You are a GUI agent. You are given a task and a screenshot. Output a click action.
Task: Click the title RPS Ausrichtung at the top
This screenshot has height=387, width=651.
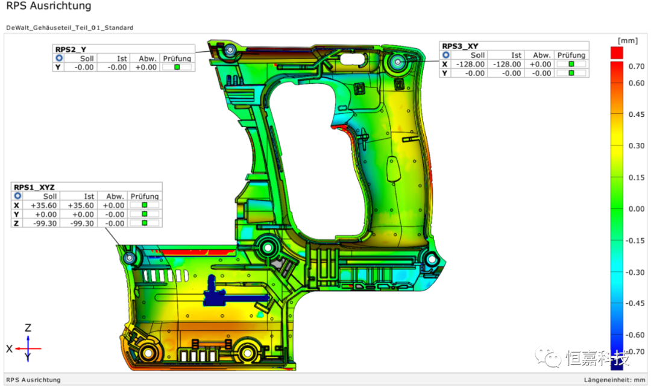49,6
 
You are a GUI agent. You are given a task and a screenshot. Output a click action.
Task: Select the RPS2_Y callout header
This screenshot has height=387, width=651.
71,49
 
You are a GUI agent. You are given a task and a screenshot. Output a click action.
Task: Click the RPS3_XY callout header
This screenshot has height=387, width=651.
460,46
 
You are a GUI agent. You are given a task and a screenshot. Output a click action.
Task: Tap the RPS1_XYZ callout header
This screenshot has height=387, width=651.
34,187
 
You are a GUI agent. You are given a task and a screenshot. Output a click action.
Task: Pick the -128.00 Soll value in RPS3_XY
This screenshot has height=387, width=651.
470,64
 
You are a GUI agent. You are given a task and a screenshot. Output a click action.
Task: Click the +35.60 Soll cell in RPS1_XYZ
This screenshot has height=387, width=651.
43,206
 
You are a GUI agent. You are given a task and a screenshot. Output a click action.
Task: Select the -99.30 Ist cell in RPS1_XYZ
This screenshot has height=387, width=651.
81,224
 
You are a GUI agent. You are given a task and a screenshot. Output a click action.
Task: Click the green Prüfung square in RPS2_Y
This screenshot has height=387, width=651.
177,68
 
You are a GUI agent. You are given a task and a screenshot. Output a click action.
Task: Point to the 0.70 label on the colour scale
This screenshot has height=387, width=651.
637,66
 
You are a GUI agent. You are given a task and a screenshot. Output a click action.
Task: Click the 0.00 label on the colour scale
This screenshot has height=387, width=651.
637,209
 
